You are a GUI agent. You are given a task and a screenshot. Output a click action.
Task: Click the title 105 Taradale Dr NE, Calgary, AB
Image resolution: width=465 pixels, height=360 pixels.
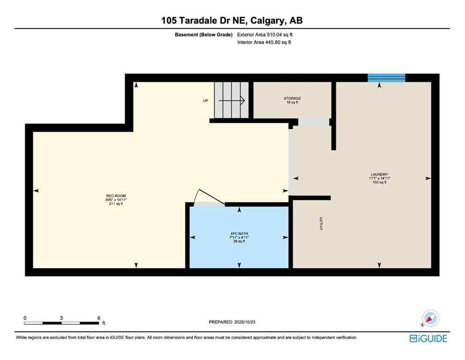(x=232, y=20)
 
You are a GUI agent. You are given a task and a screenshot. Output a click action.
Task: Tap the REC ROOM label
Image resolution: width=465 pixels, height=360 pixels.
(x=116, y=196)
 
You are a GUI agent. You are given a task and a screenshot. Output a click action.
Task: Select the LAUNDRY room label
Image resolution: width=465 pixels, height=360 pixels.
(x=379, y=174)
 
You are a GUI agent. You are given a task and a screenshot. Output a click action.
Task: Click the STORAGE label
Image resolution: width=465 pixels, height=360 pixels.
(x=292, y=98)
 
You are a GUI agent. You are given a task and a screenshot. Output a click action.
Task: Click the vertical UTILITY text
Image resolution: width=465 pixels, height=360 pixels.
(x=321, y=223)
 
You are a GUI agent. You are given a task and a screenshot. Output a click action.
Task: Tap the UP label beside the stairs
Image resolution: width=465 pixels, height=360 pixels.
(x=205, y=101)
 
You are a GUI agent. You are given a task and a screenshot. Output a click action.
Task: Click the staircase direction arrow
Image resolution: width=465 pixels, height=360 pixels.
(x=232, y=100)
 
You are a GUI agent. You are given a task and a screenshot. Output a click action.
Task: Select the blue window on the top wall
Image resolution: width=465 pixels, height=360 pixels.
(x=386, y=78)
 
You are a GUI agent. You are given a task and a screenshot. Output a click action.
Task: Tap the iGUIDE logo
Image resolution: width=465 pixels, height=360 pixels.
(x=428, y=338)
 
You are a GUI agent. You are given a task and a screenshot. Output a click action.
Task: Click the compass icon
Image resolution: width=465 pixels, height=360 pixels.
(x=430, y=318)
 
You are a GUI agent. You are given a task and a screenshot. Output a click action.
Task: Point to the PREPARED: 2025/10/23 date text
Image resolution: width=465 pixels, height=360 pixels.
(x=232, y=322)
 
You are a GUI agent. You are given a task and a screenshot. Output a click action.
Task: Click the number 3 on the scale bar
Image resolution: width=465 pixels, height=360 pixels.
(x=61, y=317)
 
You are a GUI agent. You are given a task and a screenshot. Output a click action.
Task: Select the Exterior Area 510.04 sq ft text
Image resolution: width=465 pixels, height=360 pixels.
(x=265, y=34)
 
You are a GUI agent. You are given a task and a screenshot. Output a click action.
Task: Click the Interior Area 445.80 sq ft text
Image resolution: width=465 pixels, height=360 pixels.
(x=264, y=42)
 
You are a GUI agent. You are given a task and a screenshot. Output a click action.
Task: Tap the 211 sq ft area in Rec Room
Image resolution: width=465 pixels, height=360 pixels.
(x=116, y=204)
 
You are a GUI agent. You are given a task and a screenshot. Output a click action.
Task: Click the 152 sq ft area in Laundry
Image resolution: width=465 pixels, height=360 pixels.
(x=379, y=182)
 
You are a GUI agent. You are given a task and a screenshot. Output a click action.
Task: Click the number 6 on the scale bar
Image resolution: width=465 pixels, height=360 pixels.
(x=98, y=317)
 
